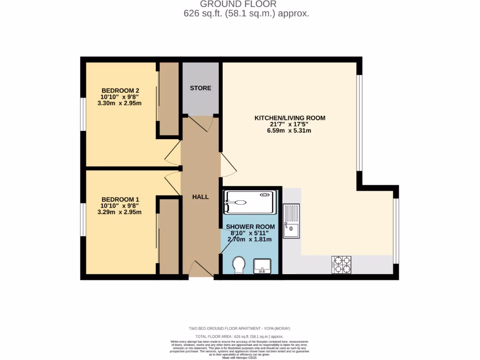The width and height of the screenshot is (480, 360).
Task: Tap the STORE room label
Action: pyautogui.click(x=200, y=88)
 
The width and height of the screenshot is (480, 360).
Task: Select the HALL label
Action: pyautogui.click(x=200, y=197)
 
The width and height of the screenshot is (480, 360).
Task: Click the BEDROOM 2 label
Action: pyautogui.click(x=120, y=90)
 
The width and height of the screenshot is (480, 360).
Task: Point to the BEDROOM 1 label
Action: pyautogui.click(x=120, y=198)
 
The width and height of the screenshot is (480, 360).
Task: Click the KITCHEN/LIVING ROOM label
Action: pyautogui.click(x=290, y=118)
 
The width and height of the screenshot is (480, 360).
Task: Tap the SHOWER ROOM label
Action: pyautogui.click(x=250, y=226)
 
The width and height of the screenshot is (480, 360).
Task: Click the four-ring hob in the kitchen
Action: pyautogui.click(x=342, y=264)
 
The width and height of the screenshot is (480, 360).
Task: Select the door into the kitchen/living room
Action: pyautogui.click(x=228, y=164)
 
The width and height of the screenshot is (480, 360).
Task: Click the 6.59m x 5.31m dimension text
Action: pyautogui.click(x=289, y=131)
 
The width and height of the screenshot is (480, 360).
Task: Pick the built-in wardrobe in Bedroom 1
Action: pyautogui.click(x=169, y=237)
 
